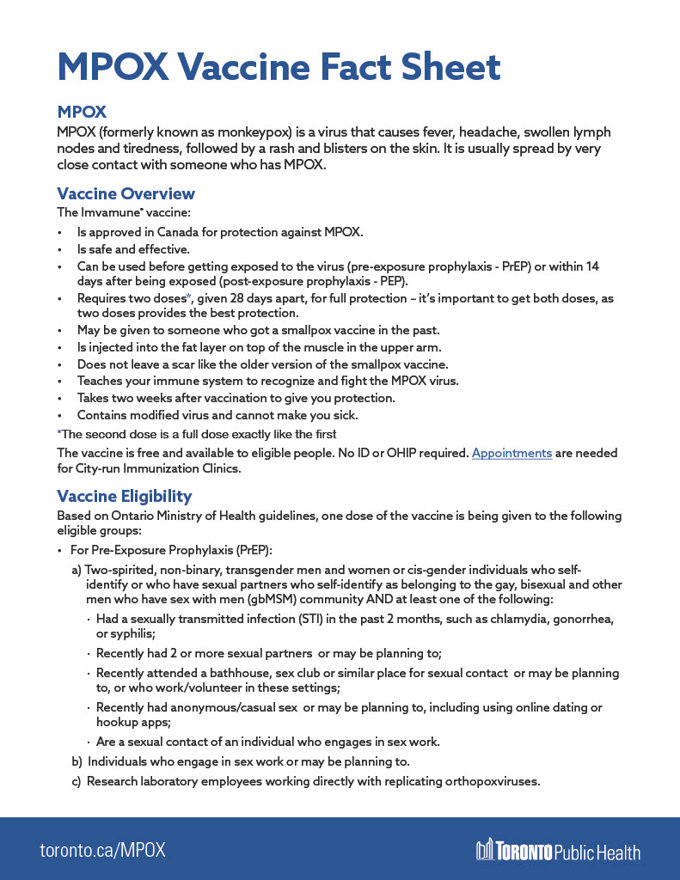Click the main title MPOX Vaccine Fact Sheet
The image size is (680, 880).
[279, 67]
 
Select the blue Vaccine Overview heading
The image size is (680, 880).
[126, 193]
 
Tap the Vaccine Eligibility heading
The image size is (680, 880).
[124, 496]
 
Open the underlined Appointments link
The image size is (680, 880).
[512, 453]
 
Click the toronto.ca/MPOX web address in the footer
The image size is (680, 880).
[102, 851]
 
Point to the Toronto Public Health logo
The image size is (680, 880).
[558, 851]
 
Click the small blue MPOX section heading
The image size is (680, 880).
[82, 113]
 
